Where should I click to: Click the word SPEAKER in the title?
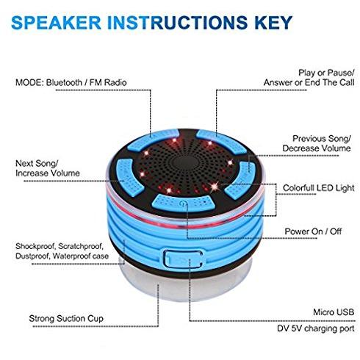click(x=56, y=23)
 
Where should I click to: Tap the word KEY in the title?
click(x=273, y=23)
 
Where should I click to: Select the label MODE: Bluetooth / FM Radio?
click(x=71, y=82)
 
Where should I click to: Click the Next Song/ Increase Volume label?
click(x=48, y=168)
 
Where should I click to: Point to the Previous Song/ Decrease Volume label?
click(x=317, y=143)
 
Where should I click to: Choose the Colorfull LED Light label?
click(x=319, y=188)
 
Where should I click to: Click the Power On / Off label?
click(x=313, y=231)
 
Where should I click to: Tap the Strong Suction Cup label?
click(x=66, y=319)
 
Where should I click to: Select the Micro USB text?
click(x=334, y=312)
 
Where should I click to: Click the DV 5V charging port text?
click(x=316, y=328)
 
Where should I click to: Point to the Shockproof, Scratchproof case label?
click(x=62, y=251)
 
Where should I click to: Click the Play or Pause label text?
click(x=326, y=73)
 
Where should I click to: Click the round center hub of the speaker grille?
click(x=184, y=162)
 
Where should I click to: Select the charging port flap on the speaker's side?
click(x=184, y=259)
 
